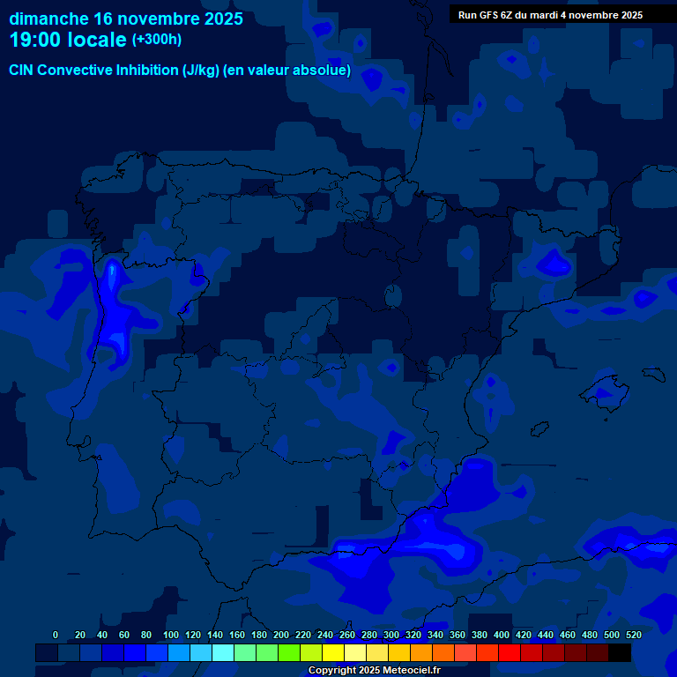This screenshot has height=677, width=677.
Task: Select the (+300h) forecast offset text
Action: [x=158, y=40]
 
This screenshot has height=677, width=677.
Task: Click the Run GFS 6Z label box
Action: [x=550, y=15]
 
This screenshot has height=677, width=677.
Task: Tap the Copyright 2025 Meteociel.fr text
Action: [x=374, y=671]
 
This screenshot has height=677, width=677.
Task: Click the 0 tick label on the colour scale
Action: [x=56, y=635]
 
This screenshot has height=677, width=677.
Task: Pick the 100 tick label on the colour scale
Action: [x=171, y=635]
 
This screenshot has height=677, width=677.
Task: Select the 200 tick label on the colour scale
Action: [x=281, y=635]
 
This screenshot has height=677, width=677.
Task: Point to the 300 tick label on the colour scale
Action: [x=391, y=635]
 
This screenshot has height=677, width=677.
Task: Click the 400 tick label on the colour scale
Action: [x=502, y=635]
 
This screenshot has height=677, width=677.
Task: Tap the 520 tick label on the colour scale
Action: [x=634, y=635]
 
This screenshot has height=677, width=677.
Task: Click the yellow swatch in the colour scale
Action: [x=333, y=653]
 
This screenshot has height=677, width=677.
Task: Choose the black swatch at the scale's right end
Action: [x=620, y=653]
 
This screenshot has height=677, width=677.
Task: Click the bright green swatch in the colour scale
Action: [x=289, y=653]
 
